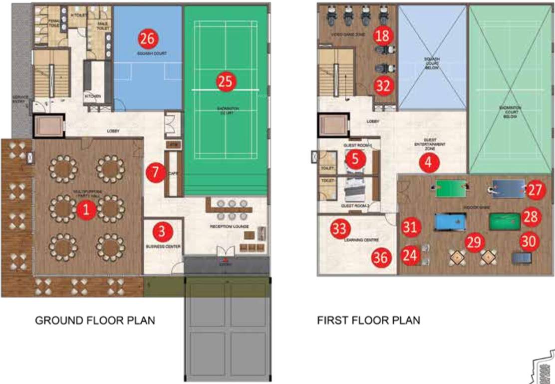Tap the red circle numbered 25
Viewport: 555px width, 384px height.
point(226,81)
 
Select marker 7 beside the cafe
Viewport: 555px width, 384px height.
point(156,173)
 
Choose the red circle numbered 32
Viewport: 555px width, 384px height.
point(383,85)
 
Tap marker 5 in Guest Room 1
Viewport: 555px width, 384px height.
point(355,159)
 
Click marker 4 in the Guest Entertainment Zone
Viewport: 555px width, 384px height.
point(428,162)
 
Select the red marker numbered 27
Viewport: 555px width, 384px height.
point(535,190)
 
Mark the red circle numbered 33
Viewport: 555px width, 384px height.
point(339,229)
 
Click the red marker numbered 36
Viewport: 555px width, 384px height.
point(381,257)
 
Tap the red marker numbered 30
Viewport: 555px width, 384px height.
point(530,242)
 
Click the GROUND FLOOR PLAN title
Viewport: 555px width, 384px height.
point(95,320)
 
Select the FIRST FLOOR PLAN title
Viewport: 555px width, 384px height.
point(369,320)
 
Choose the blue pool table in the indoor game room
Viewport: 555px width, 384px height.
point(449,221)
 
